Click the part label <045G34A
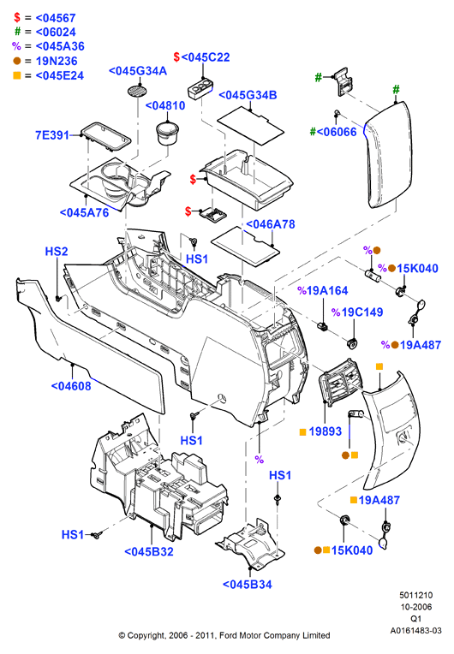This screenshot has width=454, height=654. [138, 71]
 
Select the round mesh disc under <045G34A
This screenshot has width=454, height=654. [137, 92]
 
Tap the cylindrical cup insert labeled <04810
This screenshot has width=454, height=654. [167, 132]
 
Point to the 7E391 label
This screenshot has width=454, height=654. [51, 135]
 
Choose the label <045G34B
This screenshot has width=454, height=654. [248, 95]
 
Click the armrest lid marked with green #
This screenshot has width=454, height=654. [388, 155]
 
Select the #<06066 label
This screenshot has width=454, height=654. [333, 132]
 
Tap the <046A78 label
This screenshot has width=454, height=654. [271, 224]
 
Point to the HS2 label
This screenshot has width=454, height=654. [57, 252]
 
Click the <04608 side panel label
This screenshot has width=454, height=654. [71, 386]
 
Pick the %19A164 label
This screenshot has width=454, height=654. [323, 291]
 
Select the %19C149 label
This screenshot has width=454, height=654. [357, 312]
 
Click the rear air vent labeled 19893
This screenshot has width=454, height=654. [341, 382]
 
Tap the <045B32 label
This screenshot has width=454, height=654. [149, 551]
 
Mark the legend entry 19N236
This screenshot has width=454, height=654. [57, 62]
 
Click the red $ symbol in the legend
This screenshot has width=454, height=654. [17, 17]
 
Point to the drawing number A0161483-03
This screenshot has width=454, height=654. [415, 631]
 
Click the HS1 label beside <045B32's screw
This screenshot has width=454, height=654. [73, 535]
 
